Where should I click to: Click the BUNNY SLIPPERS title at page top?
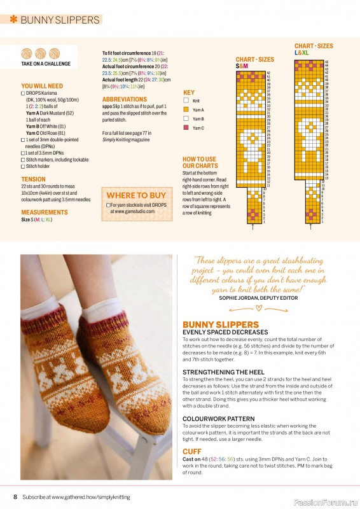(x=60, y=20)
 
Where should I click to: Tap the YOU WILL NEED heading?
(x=42, y=85)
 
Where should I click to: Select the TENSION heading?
(x=33, y=179)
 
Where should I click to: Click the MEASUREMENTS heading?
(x=45, y=213)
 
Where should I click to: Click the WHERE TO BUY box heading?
(x=136, y=195)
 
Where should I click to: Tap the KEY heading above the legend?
(x=189, y=92)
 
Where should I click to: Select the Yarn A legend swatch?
(x=186, y=109)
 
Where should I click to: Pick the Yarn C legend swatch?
(x=186, y=128)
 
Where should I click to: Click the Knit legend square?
(x=186, y=101)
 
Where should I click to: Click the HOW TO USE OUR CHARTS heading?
(x=199, y=163)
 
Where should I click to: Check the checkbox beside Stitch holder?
(x=23, y=167)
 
